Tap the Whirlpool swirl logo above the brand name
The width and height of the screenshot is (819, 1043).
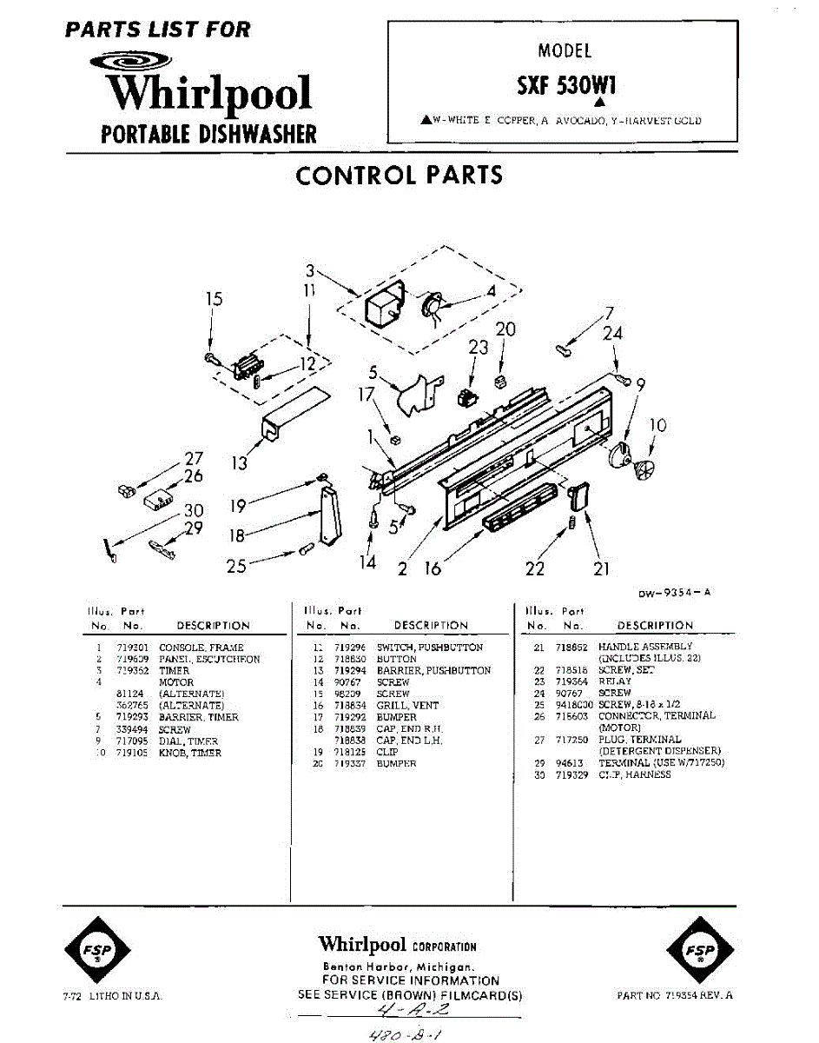pyautogui.click(x=134, y=62)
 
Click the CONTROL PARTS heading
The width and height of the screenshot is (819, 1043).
pyautogui.click(x=399, y=175)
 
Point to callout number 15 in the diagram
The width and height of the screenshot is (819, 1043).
pyautogui.click(x=214, y=299)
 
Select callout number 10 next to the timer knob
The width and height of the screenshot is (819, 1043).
pyautogui.click(x=658, y=425)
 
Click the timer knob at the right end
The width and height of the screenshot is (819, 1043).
pyautogui.click(x=645, y=468)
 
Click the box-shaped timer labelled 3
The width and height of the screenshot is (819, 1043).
pyautogui.click(x=381, y=305)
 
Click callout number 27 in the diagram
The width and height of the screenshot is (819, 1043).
pyautogui.click(x=193, y=459)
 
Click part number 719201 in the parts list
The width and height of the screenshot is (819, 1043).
pyautogui.click(x=131, y=648)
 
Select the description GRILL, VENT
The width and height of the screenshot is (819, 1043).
pyautogui.click(x=407, y=706)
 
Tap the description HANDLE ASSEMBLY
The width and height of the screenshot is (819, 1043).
pyautogui.click(x=645, y=647)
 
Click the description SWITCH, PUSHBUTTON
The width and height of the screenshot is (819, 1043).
pyautogui.click(x=429, y=648)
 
